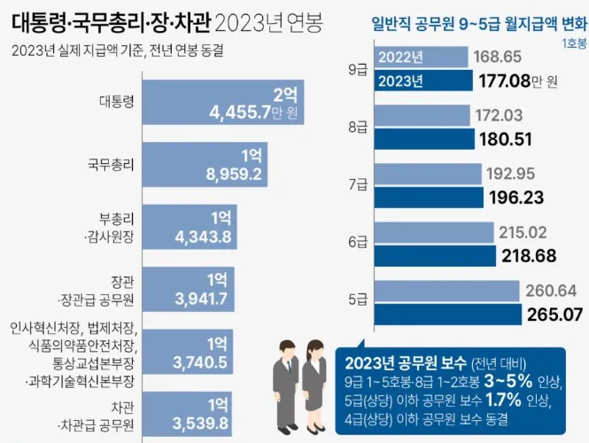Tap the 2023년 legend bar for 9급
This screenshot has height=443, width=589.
click(422, 82)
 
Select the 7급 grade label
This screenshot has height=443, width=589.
click(358, 183)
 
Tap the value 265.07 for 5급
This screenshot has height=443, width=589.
click(550, 313)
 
